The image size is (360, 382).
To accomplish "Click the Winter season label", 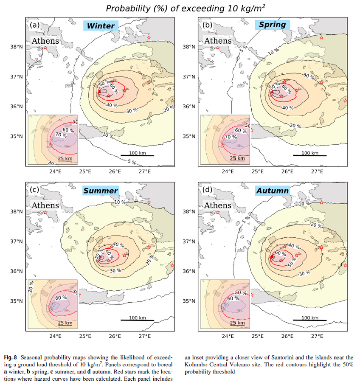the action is coord(101,25).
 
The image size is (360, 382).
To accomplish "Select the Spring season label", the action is coord(272,25).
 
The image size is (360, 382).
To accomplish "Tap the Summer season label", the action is coord(101,191).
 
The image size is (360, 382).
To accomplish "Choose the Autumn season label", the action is coord(273,191).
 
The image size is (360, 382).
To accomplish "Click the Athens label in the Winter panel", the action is coord(45,41).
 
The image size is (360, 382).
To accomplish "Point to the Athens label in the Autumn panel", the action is coord(218,205).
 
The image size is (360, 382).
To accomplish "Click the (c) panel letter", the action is coord(34,190).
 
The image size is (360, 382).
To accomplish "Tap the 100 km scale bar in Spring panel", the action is coord(310,155).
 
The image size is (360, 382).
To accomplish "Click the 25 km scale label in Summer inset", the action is coord(65,323).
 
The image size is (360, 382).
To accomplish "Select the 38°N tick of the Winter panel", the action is coord(16,47).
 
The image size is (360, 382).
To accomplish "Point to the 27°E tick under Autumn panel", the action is coord(317,337).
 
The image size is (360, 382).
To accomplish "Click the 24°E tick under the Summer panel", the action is coord(55,337).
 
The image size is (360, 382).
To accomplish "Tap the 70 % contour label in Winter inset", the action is coord(61,135).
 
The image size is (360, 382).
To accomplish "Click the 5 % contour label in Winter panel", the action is coord(132,162).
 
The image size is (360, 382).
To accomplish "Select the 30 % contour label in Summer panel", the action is coord(115,271).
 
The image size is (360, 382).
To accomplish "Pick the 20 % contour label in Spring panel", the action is coord(295,126).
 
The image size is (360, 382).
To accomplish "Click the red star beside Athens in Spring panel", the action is coord(218,48).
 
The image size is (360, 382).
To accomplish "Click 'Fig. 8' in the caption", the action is coord(10,357).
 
